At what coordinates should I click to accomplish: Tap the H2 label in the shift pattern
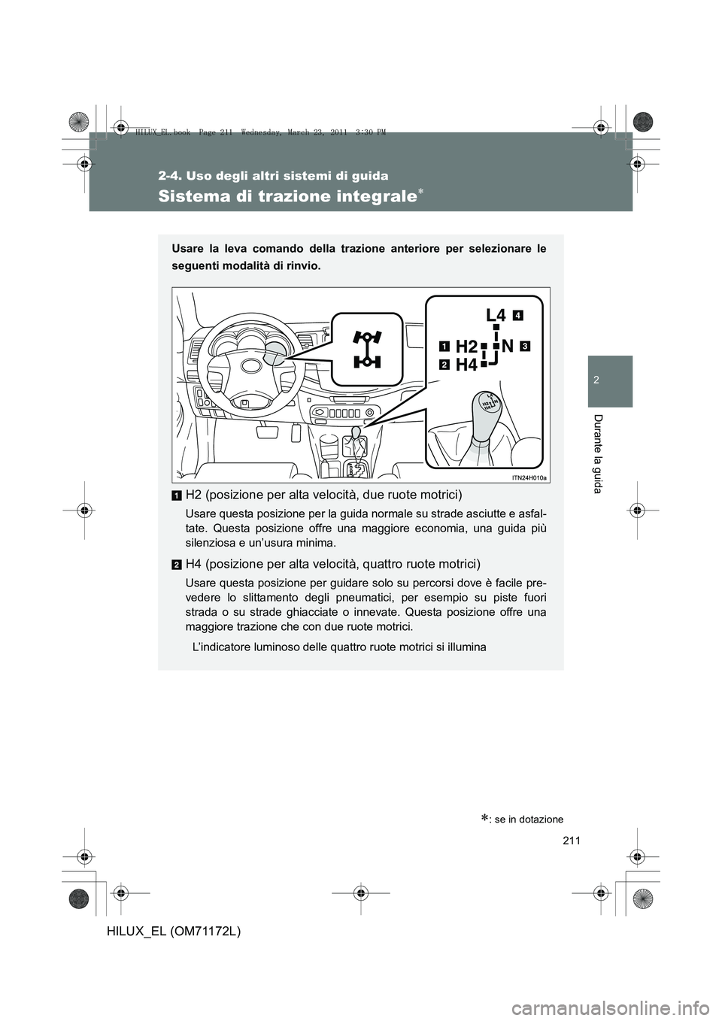tap(466, 347)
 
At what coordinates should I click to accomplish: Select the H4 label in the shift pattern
tap(466, 365)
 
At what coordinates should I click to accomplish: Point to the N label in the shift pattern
tap(508, 346)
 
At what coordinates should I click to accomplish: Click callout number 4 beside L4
tap(519, 314)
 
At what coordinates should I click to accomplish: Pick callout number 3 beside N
tap(524, 346)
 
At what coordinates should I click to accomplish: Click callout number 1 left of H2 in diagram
tap(444, 347)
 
